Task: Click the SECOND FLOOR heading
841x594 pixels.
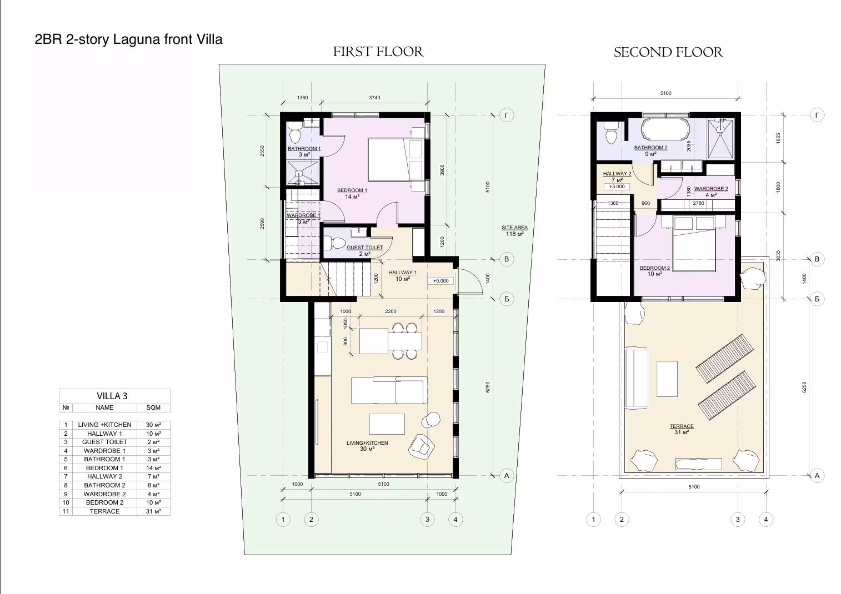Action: coord(668,52)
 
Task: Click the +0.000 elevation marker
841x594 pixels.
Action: coord(440,281)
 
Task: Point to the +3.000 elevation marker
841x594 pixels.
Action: coord(617,187)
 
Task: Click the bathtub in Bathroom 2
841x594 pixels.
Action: coord(665,129)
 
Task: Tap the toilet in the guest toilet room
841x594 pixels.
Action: coord(334,243)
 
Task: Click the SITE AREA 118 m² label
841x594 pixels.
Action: coord(514,231)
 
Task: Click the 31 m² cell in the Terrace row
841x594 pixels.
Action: coord(153,511)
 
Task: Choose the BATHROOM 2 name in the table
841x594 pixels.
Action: coord(104,485)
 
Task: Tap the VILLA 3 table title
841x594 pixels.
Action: coord(112,396)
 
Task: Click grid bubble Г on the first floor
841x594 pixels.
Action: coord(507,115)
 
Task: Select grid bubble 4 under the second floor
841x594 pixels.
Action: coord(766,519)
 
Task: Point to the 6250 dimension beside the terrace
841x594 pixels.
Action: coord(804,387)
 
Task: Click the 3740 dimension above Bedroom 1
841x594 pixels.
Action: coord(374,98)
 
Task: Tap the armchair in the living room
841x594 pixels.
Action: coord(421,446)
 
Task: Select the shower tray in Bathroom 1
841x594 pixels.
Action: coord(303,173)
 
